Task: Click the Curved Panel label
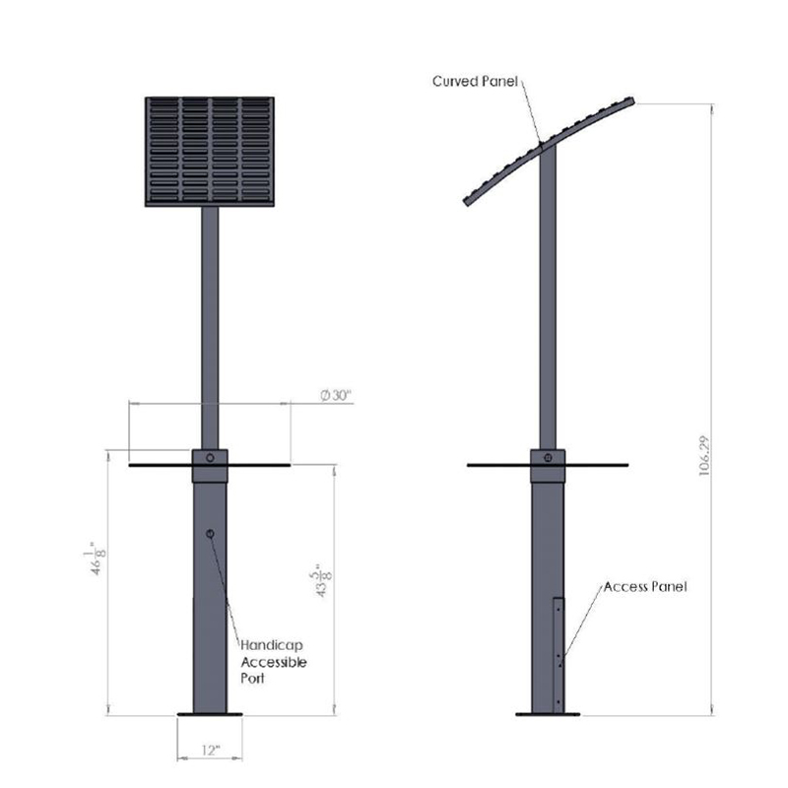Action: (x=475, y=82)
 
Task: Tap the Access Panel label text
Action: (x=645, y=586)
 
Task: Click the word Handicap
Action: (x=272, y=645)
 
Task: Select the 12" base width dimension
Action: (x=211, y=751)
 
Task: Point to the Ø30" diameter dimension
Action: (x=335, y=396)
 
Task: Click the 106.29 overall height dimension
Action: (x=704, y=455)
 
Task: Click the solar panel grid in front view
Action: (x=210, y=152)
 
